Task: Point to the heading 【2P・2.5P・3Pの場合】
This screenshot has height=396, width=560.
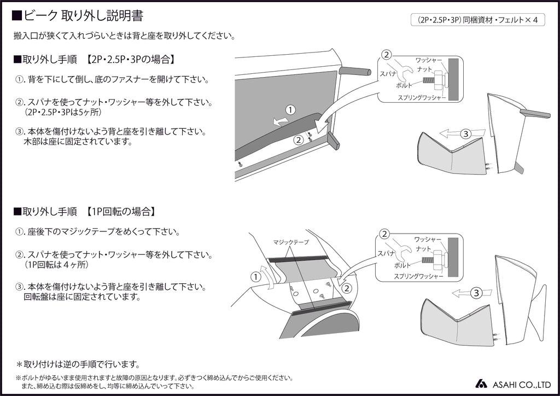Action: pos(130,59)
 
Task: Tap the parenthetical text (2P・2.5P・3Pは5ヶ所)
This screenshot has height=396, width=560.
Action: pos(68,112)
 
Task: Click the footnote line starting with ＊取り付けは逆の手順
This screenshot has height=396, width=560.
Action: pos(78,364)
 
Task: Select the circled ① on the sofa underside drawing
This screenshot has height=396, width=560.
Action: pos(290,110)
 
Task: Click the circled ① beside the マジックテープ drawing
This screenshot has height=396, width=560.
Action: pos(255,277)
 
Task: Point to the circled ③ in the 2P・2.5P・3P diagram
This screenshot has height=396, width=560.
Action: pos(465,133)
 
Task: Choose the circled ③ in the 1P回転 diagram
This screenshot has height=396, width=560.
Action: pos(476,293)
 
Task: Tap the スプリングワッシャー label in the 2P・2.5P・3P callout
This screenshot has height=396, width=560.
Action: pos(422,97)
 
